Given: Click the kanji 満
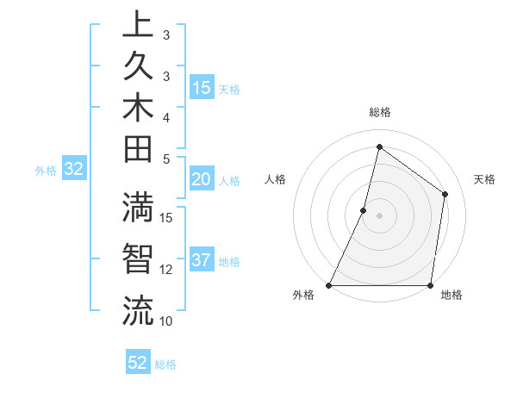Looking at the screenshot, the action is pos(138,209).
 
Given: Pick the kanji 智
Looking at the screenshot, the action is pos(138,259).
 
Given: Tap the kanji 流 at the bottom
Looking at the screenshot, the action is pos(138,310).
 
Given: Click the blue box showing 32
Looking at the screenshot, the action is pos(74,170).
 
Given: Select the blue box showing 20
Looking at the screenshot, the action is pos(201,179).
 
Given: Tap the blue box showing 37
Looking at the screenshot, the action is pos(201,260).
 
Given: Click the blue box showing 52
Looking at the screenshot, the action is pos(137,363).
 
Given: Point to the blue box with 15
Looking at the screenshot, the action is pos(202,88).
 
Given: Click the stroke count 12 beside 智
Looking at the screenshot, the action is pos(166,270).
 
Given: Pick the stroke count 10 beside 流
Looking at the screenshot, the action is pos(166,321).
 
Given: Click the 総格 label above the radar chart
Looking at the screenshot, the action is pos(379,112).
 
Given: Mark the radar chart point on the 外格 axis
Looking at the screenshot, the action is pos(329,285).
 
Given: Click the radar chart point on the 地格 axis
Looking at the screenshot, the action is pos(430,285).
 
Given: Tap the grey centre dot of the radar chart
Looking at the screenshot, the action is pos(379,215).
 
